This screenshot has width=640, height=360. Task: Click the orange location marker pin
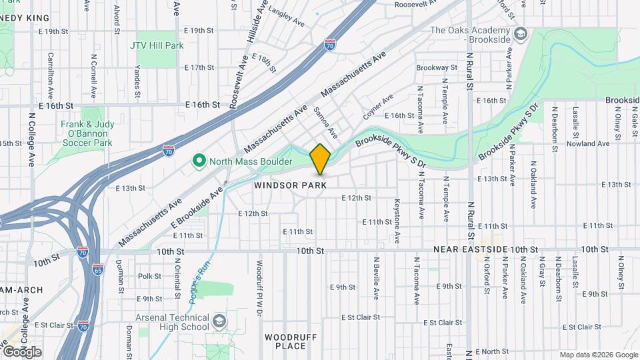(321, 159)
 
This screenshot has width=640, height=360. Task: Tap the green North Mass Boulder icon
(198, 161)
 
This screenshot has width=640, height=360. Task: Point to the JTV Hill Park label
(157, 45)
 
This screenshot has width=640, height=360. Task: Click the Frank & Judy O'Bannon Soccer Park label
(87, 133)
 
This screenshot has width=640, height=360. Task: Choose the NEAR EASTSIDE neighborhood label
(466, 249)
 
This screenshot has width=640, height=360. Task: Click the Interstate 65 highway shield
(98, 271)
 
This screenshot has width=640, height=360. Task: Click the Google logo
(22, 351)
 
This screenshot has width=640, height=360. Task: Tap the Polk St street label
(149, 276)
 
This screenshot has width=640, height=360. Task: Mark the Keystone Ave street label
(397, 219)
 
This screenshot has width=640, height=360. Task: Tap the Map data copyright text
(598, 355)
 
